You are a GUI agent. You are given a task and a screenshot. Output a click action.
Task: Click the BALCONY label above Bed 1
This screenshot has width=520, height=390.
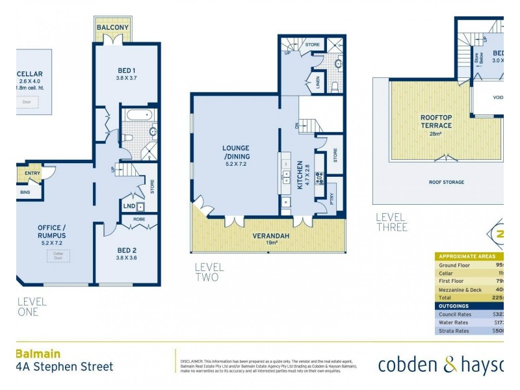pyautogui.click(x=114, y=27)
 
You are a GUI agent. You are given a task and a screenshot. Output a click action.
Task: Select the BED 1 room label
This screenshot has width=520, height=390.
pyautogui.click(x=126, y=70)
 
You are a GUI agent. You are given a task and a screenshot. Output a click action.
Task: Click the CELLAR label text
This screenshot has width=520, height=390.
pyautogui.click(x=30, y=73)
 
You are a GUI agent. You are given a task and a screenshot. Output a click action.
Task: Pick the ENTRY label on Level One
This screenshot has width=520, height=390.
pyautogui.click(x=32, y=173)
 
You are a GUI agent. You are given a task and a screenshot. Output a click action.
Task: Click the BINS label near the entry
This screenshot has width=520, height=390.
pyautogui.click(x=25, y=192)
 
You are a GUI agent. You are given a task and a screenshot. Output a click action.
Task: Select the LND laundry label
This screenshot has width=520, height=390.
pyautogui.click(x=129, y=207)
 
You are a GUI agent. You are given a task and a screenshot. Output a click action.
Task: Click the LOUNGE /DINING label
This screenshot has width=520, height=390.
pyautogui.click(x=235, y=152)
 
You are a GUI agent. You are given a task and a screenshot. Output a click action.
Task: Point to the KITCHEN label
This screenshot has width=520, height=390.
pyautogui.click(x=300, y=175)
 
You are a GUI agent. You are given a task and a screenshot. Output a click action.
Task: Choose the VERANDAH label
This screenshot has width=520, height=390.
pyautogui.click(x=267, y=236)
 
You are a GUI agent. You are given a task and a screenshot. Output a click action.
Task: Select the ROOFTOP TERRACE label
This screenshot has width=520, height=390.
pyautogui.click(x=435, y=121)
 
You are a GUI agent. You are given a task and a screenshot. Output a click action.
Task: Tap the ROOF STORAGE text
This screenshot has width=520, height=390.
pyautogui.click(x=446, y=182)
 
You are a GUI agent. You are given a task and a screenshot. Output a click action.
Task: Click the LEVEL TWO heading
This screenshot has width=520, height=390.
pyautogui.click(x=209, y=272)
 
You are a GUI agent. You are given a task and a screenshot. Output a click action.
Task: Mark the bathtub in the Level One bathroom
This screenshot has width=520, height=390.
pyautogui.click(x=137, y=116)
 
